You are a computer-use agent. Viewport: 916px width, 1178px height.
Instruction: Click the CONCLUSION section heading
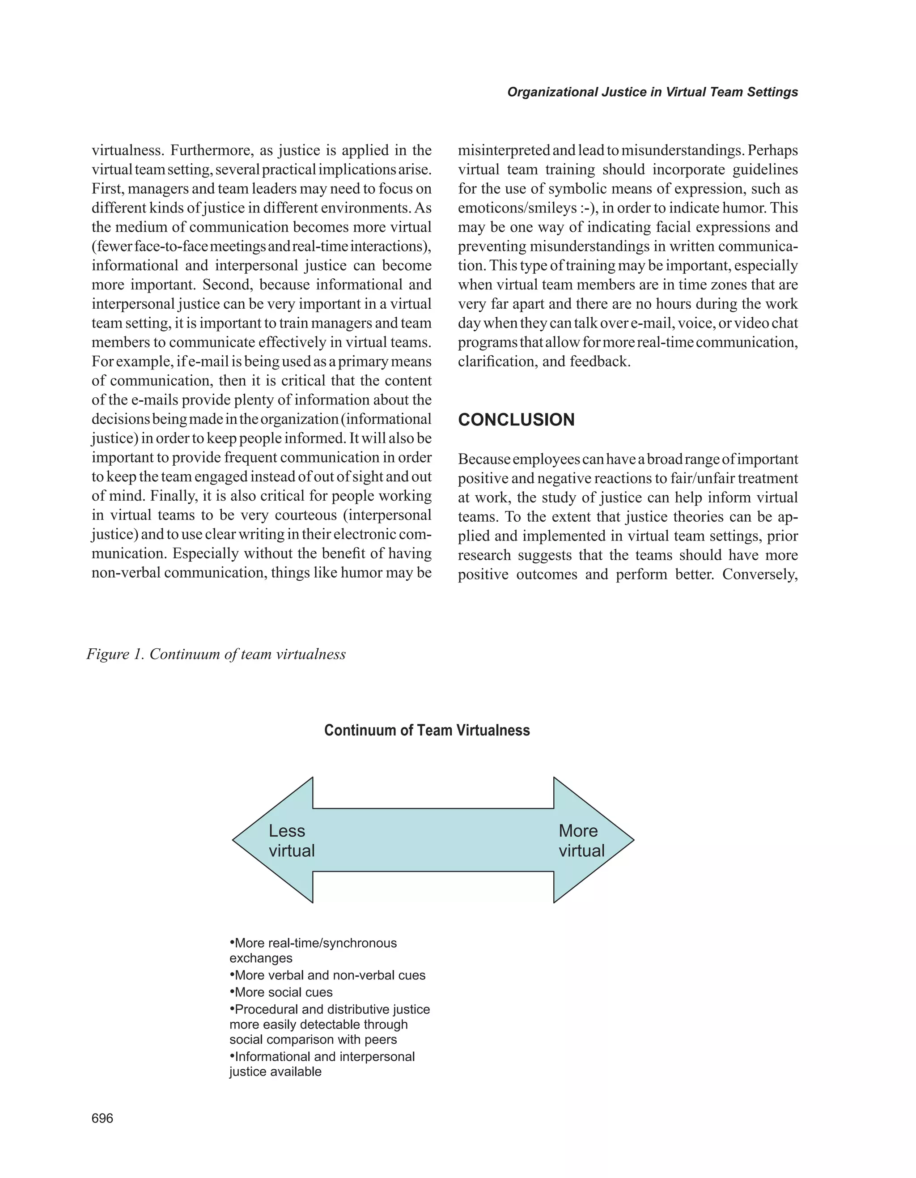[x=516, y=420]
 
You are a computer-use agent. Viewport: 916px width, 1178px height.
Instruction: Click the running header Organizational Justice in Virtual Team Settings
[x=653, y=92]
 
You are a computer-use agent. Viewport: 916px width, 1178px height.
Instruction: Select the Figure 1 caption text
[x=216, y=654]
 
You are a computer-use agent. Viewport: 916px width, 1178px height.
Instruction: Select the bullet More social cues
[x=281, y=992]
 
